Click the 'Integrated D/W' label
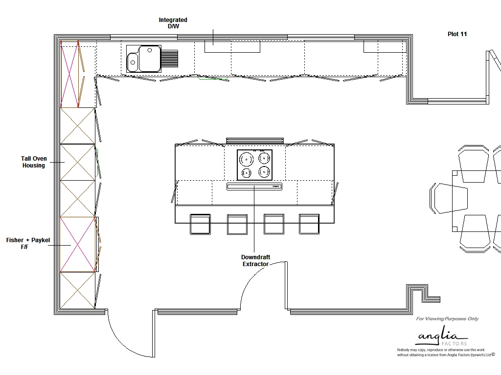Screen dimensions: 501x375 tap(173, 23)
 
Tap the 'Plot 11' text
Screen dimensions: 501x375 tap(457, 34)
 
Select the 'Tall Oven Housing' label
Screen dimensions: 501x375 tap(34, 162)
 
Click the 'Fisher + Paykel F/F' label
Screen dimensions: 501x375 tap(28, 243)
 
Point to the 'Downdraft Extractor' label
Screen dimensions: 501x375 tap(255, 261)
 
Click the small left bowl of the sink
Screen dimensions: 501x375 tap(133, 62)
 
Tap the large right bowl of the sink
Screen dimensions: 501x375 tap(150, 59)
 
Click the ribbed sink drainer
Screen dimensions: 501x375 tap(170, 59)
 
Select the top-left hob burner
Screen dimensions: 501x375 tap(247, 159)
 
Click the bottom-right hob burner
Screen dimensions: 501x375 tap(264, 172)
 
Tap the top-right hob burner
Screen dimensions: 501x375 tap(264, 158)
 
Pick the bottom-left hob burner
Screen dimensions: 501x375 tap(247, 173)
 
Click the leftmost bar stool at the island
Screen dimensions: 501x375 tap(200, 224)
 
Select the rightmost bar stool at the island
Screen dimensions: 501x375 tap(309, 224)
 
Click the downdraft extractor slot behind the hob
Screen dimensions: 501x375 tap(254, 187)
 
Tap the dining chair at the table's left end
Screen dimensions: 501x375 tap(449, 198)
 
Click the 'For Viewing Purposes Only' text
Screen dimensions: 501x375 tap(447, 318)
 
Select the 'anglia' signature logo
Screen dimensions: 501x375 tap(442, 336)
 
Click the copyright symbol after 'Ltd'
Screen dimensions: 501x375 tap(493, 354)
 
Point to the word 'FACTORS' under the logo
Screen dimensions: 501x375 tap(454, 344)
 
